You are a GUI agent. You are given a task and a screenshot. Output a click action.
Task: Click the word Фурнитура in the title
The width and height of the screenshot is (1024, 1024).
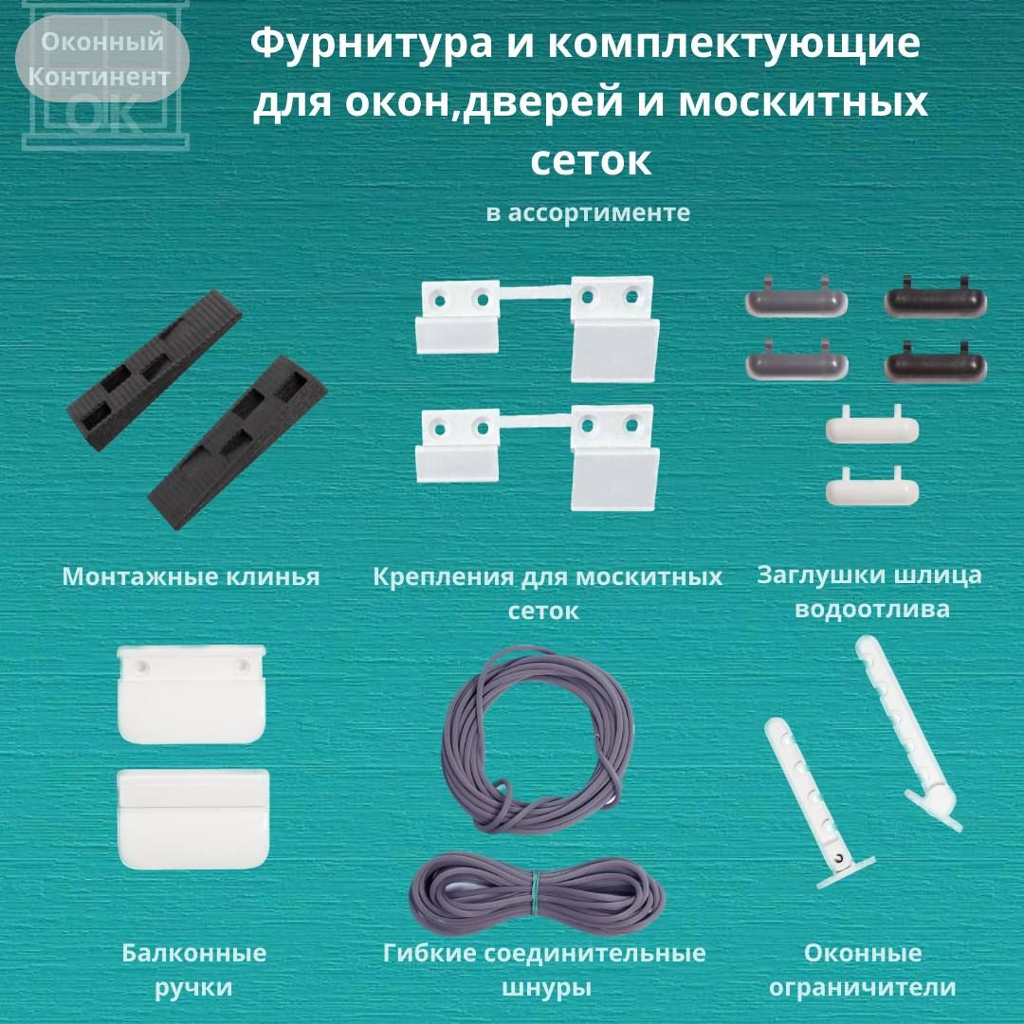coord(371,45)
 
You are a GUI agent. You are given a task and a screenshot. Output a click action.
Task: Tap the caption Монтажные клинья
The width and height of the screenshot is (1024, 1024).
coord(191,576)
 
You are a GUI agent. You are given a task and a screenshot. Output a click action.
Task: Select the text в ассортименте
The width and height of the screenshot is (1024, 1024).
coord(588,213)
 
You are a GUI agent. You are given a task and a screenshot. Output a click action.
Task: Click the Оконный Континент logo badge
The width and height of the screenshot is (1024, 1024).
coord(102,59)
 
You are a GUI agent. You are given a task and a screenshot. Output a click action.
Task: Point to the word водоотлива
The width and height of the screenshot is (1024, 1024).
coord(872,610)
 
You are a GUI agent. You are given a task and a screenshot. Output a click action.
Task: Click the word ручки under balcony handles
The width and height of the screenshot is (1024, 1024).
coord(194,987)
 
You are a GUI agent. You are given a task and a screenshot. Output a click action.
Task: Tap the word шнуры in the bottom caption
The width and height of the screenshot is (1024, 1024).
coord(546,987)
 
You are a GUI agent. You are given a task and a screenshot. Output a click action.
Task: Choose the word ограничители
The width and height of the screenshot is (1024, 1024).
coord(862,987)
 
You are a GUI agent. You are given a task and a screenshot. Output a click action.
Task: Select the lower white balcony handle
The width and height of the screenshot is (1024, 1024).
coord(193,819)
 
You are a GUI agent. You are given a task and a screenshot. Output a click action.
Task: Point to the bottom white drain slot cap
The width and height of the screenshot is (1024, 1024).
coord(872,487)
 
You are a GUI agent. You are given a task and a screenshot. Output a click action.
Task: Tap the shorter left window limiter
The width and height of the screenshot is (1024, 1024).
coord(814,803)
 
